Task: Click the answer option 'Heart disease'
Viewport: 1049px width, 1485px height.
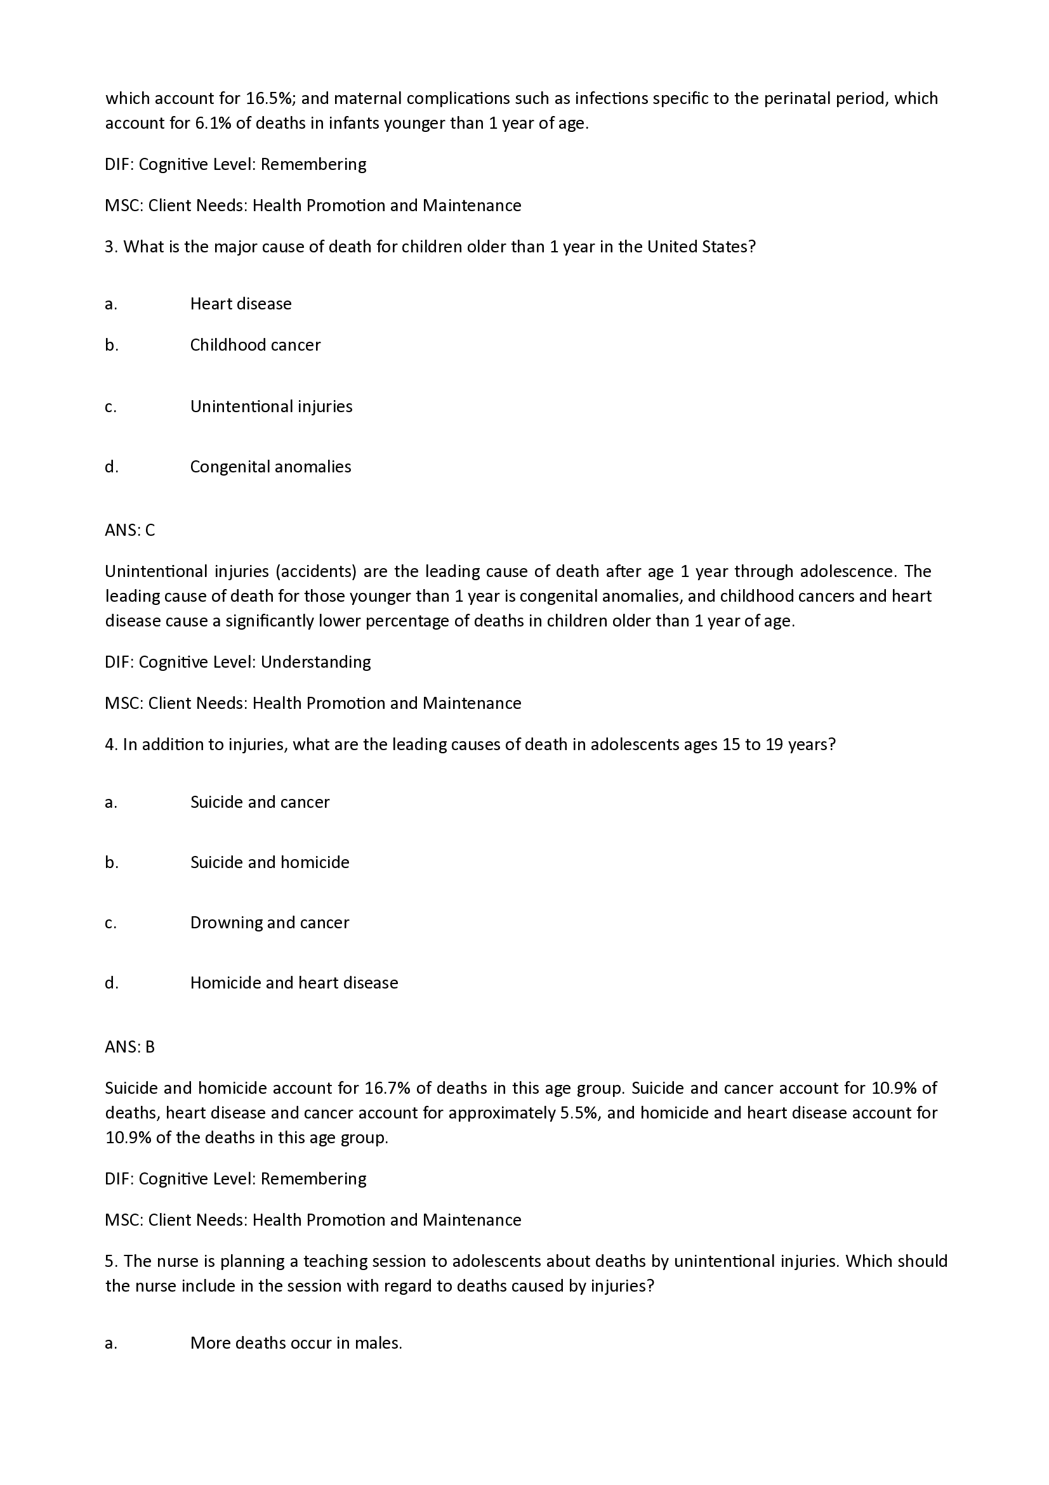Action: (x=241, y=304)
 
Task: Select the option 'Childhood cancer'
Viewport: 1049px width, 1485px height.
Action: (x=255, y=346)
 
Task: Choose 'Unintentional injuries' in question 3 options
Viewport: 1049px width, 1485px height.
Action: (x=271, y=407)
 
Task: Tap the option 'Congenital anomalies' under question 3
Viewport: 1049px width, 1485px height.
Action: (x=270, y=467)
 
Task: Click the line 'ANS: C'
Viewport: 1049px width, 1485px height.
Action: (x=130, y=530)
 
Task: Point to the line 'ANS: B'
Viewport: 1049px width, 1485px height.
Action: (x=130, y=1047)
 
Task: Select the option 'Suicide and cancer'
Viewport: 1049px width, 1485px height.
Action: (x=260, y=803)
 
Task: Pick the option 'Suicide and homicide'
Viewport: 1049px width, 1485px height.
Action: (x=269, y=863)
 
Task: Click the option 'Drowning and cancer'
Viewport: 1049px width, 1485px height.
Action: (x=269, y=923)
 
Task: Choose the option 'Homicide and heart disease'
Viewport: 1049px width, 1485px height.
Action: (x=294, y=983)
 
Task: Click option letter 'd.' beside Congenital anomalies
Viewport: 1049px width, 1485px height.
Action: (x=111, y=467)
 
